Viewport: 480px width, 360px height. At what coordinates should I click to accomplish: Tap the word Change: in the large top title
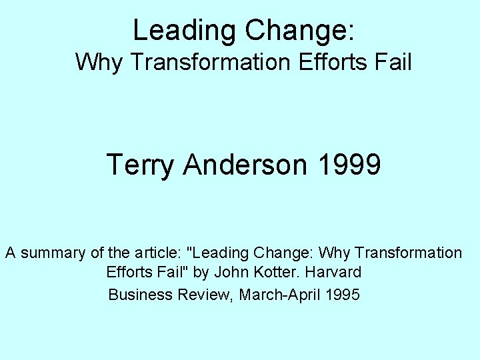pyautogui.click(x=301, y=30)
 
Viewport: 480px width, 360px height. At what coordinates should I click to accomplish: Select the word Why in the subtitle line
pyautogui.click(x=95, y=63)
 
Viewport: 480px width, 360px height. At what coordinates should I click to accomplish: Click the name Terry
pyautogui.click(x=141, y=164)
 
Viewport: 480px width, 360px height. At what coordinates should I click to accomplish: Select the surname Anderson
pyautogui.click(x=247, y=164)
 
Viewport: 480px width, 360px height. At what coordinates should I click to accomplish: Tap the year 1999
pyautogui.click(x=351, y=164)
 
